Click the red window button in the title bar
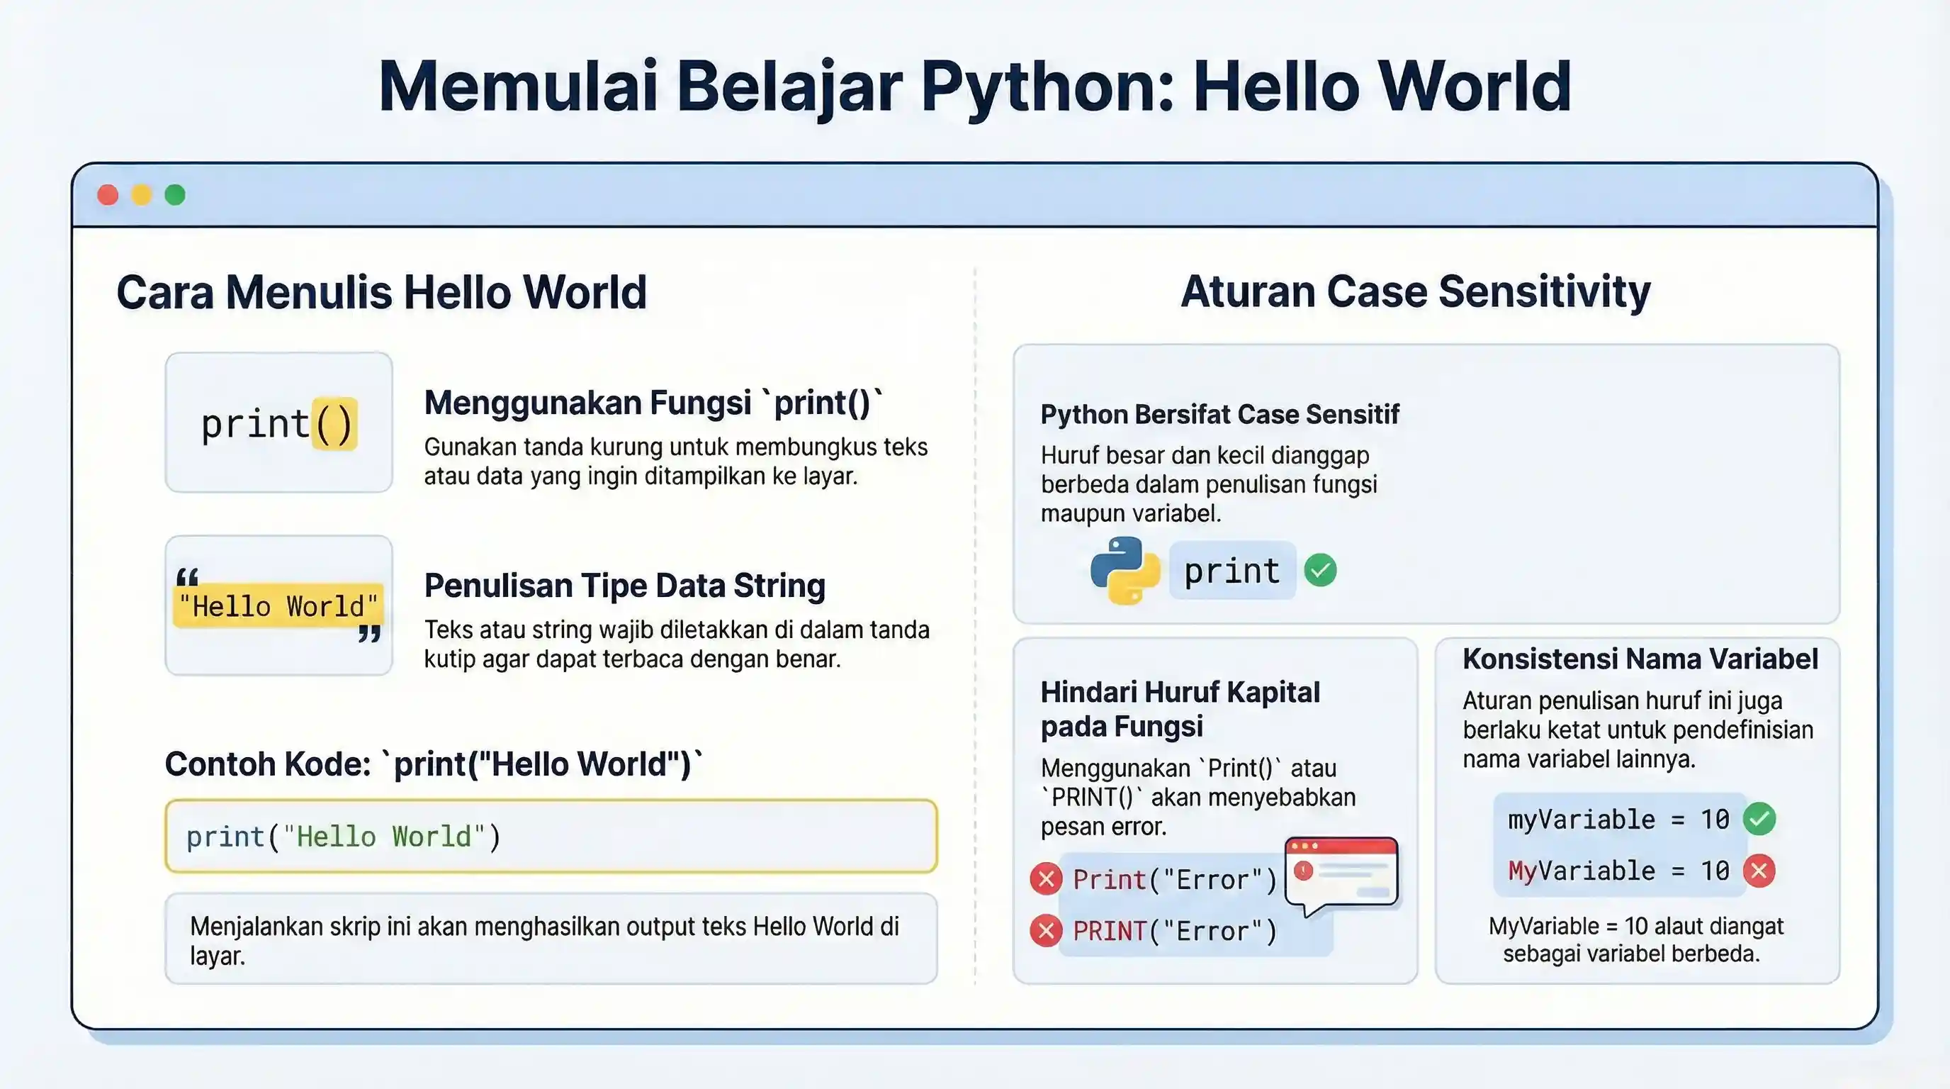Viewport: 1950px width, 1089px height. (x=108, y=196)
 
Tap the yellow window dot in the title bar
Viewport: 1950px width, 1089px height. (x=142, y=196)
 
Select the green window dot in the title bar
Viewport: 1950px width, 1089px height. (x=175, y=196)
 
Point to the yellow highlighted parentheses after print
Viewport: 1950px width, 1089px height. (x=334, y=423)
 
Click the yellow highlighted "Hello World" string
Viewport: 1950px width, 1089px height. (x=278, y=606)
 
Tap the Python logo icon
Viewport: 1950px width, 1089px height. (x=1125, y=570)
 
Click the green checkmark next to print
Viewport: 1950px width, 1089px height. (x=1320, y=570)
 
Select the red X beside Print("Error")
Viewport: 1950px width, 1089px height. (x=1046, y=879)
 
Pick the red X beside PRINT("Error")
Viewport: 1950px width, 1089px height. (x=1046, y=931)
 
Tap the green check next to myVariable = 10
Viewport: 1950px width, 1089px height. (x=1759, y=820)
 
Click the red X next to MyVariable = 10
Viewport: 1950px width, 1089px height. (x=1759, y=871)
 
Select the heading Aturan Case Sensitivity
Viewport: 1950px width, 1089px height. (x=1415, y=291)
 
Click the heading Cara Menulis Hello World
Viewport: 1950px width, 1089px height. (x=381, y=292)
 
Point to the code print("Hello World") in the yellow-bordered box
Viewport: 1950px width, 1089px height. (x=344, y=837)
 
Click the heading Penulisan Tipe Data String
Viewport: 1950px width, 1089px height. (x=624, y=586)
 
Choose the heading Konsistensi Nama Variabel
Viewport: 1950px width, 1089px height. (x=1640, y=659)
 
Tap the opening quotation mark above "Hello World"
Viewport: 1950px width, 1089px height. (x=187, y=578)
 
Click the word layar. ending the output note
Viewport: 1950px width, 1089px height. (x=218, y=956)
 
